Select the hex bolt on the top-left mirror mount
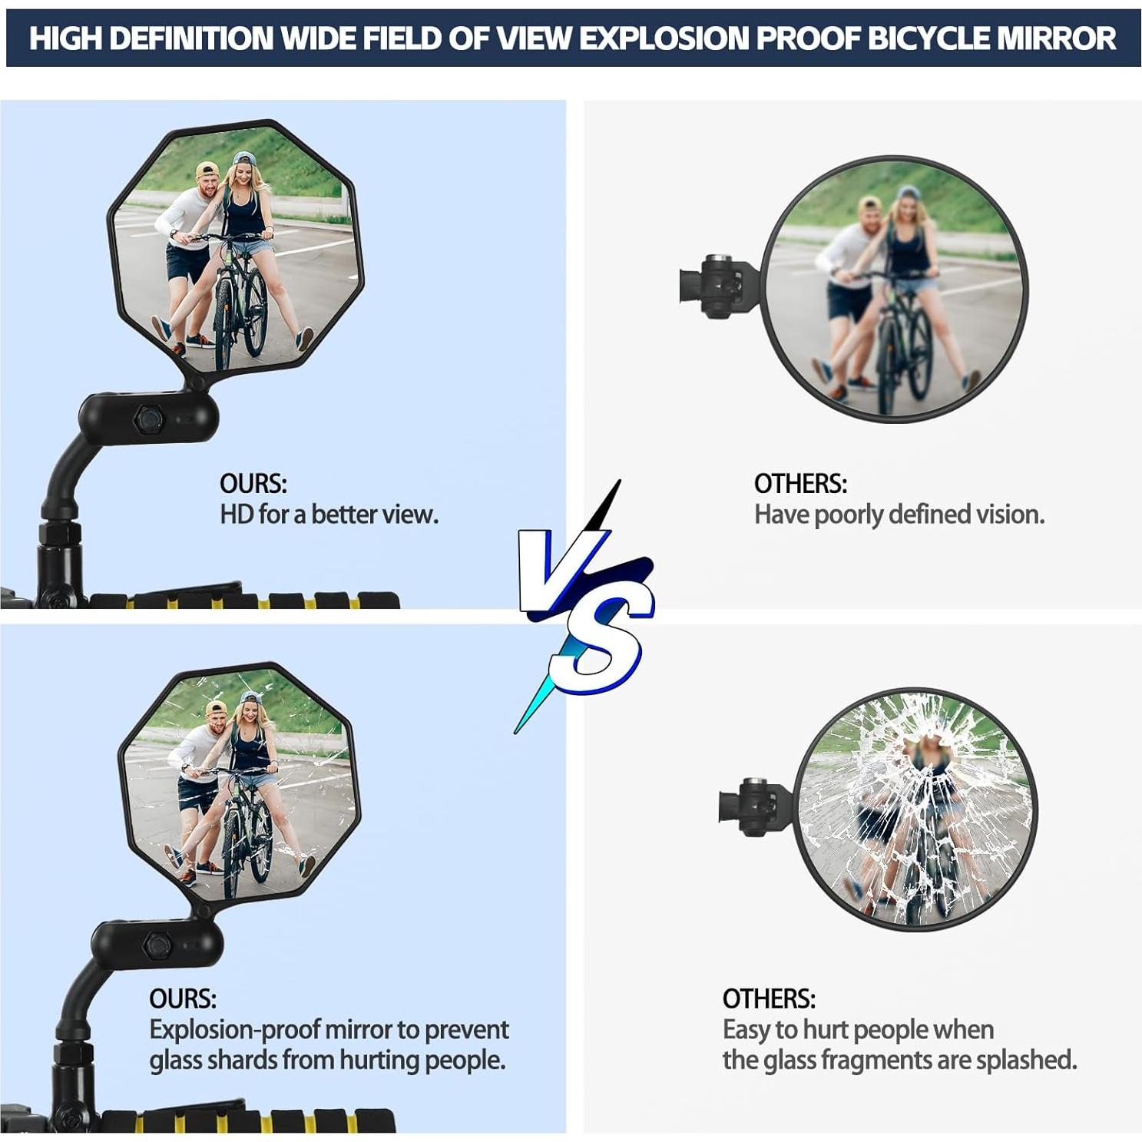tap(147, 419)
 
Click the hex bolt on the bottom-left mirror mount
tap(157, 945)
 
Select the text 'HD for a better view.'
tap(329, 514)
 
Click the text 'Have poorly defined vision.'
tap(899, 514)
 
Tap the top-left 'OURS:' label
tap(253, 484)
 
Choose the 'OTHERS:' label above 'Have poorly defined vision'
tap(800, 484)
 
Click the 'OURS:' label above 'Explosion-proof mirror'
tap(183, 998)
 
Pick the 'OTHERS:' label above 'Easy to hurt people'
tap(769, 998)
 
